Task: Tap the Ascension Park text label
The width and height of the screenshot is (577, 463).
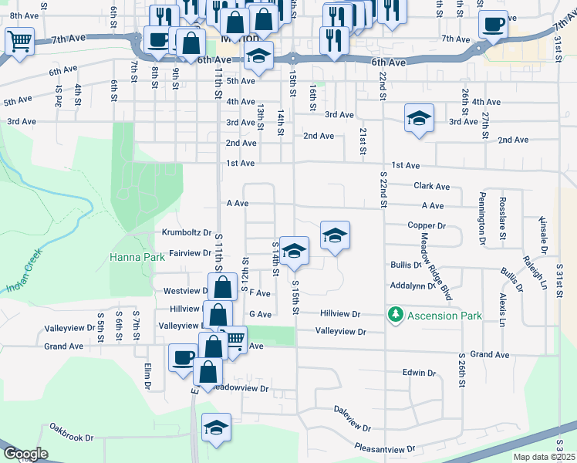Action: tap(446, 316)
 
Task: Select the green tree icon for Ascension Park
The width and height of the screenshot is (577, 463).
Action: tap(396, 315)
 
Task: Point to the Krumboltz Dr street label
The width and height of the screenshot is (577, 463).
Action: tap(187, 232)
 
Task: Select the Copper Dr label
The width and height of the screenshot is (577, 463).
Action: tap(427, 226)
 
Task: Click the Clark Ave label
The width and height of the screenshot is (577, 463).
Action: tap(431, 186)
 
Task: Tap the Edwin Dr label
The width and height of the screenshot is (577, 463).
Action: tap(419, 373)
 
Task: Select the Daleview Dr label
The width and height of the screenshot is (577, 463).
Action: tap(353, 418)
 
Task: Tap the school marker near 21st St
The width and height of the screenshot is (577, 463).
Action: tap(419, 118)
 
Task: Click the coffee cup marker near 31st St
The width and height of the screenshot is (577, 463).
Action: tap(493, 23)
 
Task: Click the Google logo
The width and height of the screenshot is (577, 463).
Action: tap(25, 454)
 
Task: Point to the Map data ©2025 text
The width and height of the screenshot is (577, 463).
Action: tap(544, 457)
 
